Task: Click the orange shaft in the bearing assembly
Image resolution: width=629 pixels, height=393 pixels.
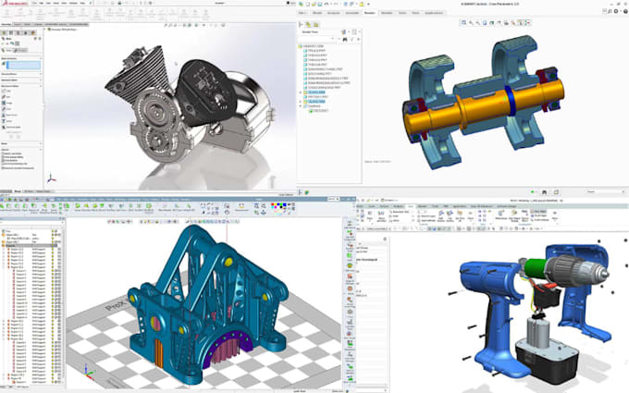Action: (462, 99)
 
